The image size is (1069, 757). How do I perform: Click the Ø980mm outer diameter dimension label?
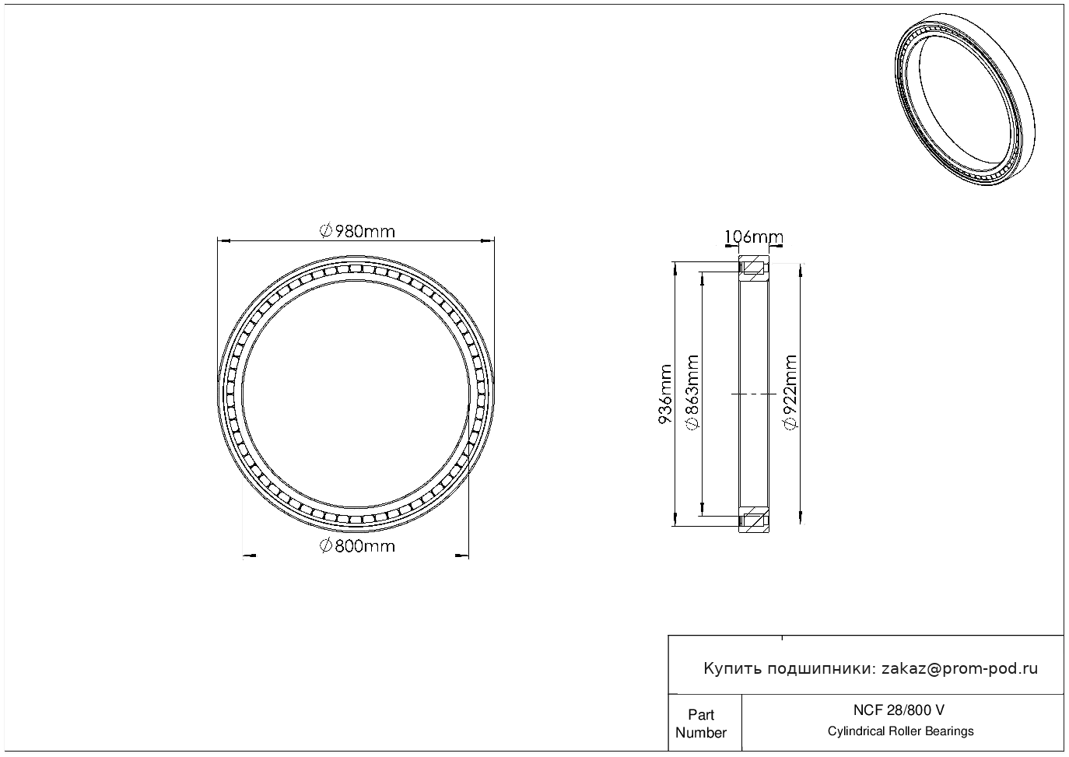[x=357, y=232]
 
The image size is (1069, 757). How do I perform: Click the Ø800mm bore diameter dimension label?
[x=357, y=545]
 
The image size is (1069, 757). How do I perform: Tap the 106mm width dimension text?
[x=754, y=237]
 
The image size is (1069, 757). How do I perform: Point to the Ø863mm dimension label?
[x=692, y=392]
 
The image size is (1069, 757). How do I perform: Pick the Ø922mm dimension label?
[x=790, y=392]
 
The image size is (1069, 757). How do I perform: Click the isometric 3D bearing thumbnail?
[x=965, y=100]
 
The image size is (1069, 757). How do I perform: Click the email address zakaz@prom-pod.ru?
[x=959, y=669]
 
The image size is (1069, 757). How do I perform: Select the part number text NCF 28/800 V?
[x=899, y=710]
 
